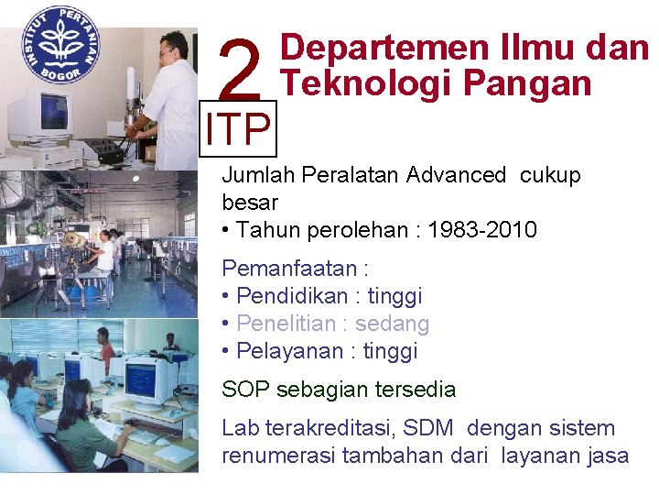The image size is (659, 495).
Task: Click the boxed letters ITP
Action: (238, 130)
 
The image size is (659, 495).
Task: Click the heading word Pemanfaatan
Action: (289, 269)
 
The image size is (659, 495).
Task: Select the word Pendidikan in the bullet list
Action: (292, 296)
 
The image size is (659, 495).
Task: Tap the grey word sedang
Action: (392, 324)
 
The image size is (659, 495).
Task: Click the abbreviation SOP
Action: (245, 390)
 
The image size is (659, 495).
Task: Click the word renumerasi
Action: (277, 456)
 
